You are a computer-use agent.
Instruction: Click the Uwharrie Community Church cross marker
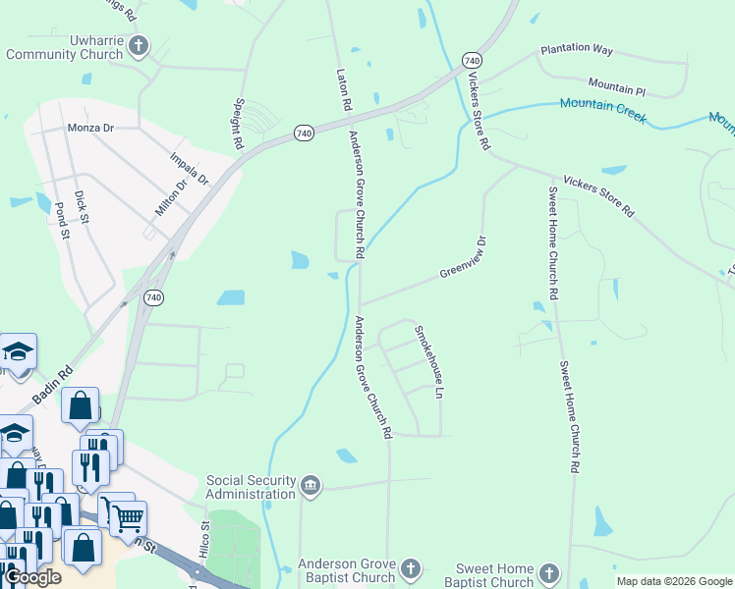tap(140, 44)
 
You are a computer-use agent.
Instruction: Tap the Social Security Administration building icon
tap(311, 486)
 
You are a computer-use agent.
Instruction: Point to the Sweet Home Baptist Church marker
tap(548, 573)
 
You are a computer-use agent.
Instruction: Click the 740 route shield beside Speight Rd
tap(304, 133)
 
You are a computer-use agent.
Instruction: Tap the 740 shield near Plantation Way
tap(472, 59)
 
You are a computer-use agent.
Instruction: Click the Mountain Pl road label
tap(616, 87)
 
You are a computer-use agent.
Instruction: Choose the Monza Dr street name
tap(90, 128)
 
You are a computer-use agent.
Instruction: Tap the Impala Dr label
tap(190, 169)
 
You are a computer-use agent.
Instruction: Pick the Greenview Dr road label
tap(463, 257)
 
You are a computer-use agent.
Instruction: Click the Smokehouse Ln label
tap(428, 361)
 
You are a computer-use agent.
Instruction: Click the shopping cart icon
tap(127, 517)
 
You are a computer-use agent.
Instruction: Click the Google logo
tap(32, 577)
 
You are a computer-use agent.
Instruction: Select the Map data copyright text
tap(673, 581)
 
